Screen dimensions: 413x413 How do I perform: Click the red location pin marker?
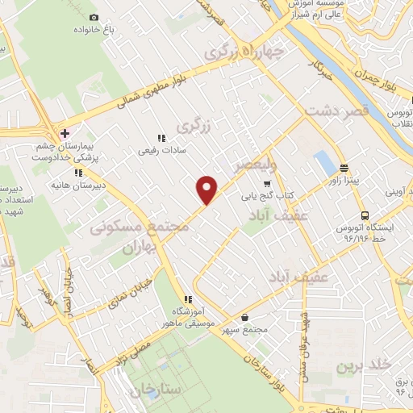tap(208, 189)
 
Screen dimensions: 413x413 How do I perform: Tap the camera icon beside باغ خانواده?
tap(94, 17)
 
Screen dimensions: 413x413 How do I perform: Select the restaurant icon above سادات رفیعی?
tap(161, 137)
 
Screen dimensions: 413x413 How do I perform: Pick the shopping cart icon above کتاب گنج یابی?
tap(267, 183)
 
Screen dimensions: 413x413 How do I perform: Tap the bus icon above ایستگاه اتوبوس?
tap(365, 215)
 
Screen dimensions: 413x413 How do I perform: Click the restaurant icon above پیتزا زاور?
tap(344, 169)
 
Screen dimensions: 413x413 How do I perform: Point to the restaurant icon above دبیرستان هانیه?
tap(78, 173)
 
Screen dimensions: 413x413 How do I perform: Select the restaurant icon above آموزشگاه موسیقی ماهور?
tap(187, 298)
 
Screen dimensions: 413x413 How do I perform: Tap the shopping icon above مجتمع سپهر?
tap(244, 317)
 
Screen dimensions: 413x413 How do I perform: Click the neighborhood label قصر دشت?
tap(337, 111)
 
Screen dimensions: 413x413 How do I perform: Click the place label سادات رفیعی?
tap(161, 149)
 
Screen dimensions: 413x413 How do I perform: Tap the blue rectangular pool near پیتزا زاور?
tap(325, 161)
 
